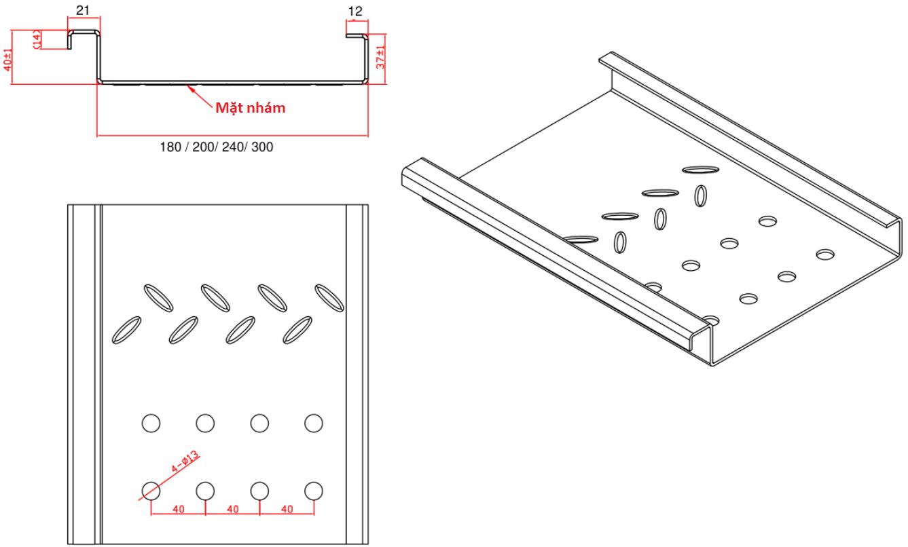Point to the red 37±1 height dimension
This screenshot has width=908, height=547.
[x=381, y=58]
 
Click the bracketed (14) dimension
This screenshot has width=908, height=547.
[x=38, y=39]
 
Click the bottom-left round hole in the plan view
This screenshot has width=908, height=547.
[x=151, y=490]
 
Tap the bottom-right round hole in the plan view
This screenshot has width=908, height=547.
[x=313, y=490]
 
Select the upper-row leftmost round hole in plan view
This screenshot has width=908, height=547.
[x=151, y=423]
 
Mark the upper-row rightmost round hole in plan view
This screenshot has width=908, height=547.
[x=313, y=423]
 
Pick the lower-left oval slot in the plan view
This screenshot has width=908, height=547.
[x=126, y=328]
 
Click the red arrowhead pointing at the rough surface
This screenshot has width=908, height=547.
[x=194, y=87]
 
